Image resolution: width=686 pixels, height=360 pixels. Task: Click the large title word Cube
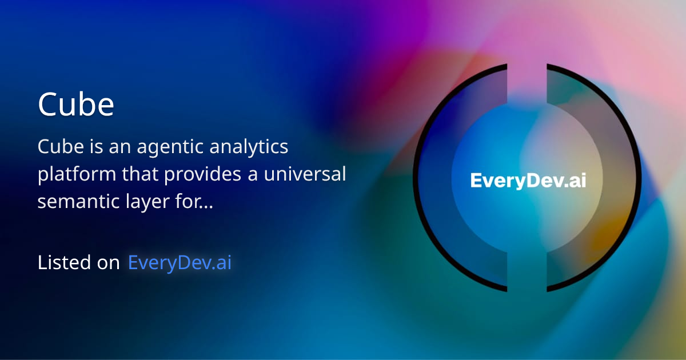coord(76,105)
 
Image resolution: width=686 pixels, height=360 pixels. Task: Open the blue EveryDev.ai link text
coord(180,262)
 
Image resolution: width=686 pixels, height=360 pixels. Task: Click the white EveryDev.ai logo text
coord(528,181)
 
